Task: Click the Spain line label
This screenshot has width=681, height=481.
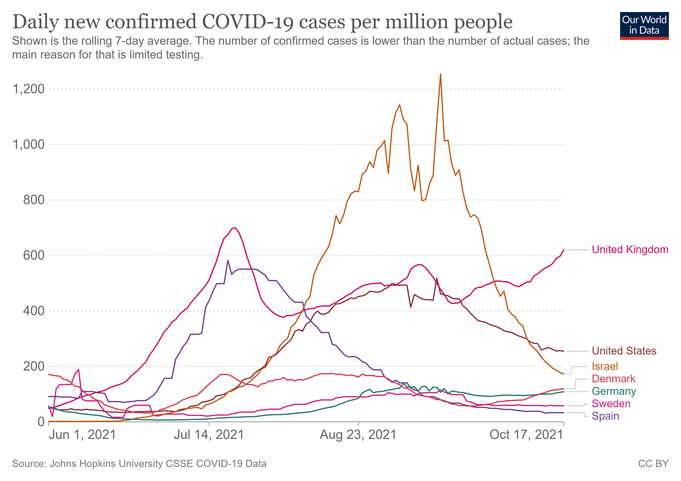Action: [x=605, y=416]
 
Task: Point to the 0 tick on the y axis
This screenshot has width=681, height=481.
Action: [x=41, y=422]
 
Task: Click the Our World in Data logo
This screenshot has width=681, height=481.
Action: [x=644, y=25]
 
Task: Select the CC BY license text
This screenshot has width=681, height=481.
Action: [x=653, y=464]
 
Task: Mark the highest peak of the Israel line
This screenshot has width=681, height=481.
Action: [x=440, y=74]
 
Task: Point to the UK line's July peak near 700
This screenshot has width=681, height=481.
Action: [x=235, y=228]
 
